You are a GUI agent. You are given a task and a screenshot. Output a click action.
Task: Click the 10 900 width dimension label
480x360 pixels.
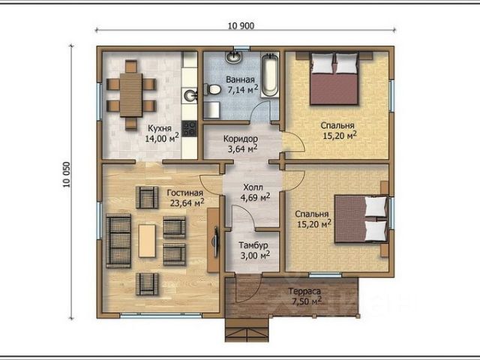(x=241, y=26)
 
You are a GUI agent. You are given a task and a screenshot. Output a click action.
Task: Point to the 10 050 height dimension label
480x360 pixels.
(x=67, y=175)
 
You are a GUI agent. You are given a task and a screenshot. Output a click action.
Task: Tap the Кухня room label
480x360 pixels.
(x=160, y=128)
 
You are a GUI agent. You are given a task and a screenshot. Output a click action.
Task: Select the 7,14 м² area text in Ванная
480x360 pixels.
(x=242, y=89)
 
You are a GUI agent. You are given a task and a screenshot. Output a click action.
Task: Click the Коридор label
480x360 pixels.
(x=240, y=139)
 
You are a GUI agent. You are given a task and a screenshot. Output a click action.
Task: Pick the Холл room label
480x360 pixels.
(x=253, y=187)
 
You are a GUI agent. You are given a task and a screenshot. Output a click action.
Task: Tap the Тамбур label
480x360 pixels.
(x=253, y=245)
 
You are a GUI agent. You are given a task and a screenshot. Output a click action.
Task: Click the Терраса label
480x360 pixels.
(x=304, y=292)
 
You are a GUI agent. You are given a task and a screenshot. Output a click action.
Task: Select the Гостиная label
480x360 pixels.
(x=185, y=193)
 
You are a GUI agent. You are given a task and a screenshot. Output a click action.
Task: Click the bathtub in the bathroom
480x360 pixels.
(x=270, y=75)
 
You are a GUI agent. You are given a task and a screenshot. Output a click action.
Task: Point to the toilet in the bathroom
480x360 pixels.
(x=213, y=90)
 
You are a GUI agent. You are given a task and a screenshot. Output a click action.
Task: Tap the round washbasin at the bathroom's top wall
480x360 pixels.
(x=234, y=57)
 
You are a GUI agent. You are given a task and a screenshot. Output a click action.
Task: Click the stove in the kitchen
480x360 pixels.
(x=189, y=128)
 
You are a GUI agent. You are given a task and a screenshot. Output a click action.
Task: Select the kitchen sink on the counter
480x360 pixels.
(x=190, y=95)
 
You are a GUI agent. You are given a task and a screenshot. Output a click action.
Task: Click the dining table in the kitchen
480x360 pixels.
(x=131, y=95)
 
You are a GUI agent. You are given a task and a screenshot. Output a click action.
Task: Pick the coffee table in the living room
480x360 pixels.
(x=147, y=241)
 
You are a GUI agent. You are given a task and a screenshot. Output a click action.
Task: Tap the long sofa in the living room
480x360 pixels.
(x=118, y=241)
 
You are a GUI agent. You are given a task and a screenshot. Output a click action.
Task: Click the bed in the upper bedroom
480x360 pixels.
(x=334, y=79)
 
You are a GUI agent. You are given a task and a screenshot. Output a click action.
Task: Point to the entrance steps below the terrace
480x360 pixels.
(x=247, y=330)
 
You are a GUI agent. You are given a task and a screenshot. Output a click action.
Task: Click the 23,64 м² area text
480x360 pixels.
(x=187, y=202)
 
